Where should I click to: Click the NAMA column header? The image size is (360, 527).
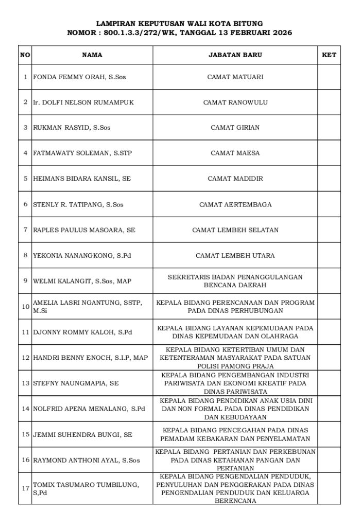tap(92, 55)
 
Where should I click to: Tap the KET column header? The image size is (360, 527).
tap(329, 55)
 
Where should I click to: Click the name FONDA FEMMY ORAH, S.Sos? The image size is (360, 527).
tap(79, 77)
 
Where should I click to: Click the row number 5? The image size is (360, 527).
tap(25, 179)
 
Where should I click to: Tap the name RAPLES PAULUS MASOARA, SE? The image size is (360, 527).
tap(84, 230)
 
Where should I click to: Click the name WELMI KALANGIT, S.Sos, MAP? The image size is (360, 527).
tap(82, 281)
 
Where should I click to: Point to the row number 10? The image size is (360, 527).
tap(25, 307)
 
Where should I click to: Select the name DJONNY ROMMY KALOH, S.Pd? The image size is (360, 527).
tap(82, 332)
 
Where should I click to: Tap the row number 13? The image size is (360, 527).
tap(25, 383)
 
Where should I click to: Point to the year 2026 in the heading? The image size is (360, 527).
tap(281, 32)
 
